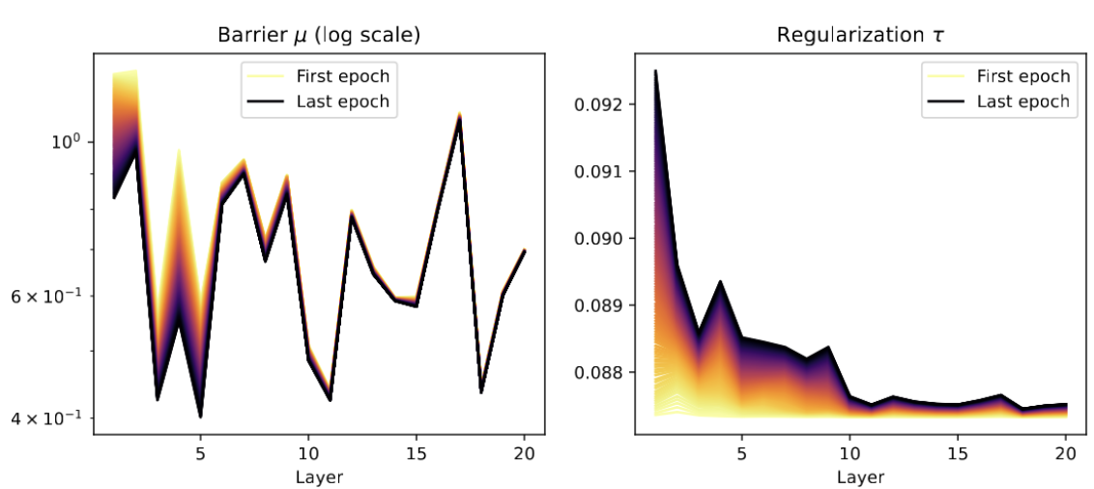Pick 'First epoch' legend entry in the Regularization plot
[1023, 76]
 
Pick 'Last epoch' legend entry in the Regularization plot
[1023, 101]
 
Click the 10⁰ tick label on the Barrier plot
[65, 142]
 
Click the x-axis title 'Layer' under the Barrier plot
[320, 476]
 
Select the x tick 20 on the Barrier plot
[525, 452]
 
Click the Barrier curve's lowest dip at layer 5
[200, 416]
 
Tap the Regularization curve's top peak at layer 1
[655, 71]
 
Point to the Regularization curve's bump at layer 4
[720, 281]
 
